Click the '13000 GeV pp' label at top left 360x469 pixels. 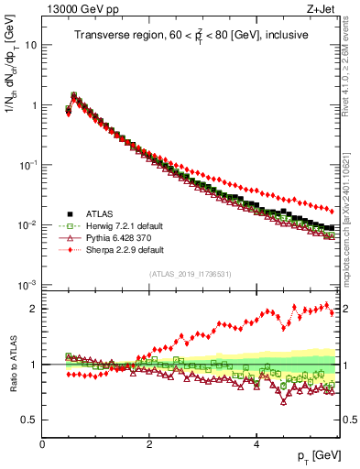tap(80, 10)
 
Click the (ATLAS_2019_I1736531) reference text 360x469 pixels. tap(191, 274)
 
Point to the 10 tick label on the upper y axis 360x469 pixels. tap(30, 45)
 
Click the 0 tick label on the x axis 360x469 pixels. tap(42, 444)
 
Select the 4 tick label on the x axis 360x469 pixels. tap(256, 444)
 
